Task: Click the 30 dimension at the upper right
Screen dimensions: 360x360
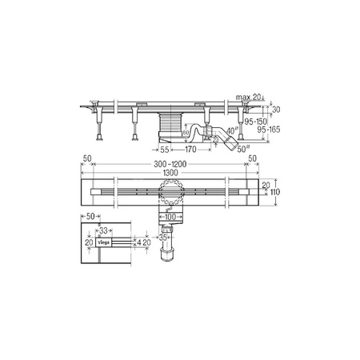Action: coord(277,110)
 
